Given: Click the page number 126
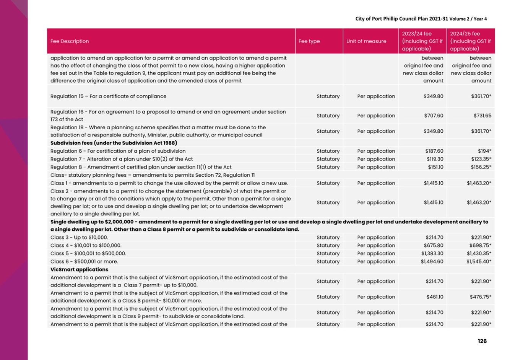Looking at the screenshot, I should pyautogui.click(x=482, y=341).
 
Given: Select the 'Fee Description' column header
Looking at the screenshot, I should pyautogui.click(x=70, y=41).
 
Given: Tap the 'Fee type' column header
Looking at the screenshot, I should pyautogui.click(x=309, y=41).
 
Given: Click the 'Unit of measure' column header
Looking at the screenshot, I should pyautogui.click(x=366, y=41).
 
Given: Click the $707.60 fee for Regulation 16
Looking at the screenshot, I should pyautogui.click(x=434, y=116).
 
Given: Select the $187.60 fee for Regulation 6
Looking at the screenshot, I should pyautogui.click(x=434, y=151).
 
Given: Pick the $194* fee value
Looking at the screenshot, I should pyautogui.click(x=484, y=151).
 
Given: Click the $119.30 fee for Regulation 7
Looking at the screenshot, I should pyautogui.click(x=435, y=159).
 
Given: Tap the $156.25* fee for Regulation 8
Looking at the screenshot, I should pyautogui.click(x=481, y=167).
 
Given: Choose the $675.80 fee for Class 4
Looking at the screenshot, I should pyautogui.click(x=433, y=246).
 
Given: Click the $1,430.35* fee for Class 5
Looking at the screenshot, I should pyautogui.click(x=479, y=254).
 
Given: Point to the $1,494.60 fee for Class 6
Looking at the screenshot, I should pyautogui.click(x=432, y=262).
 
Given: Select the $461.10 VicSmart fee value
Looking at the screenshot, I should pyautogui.click(x=435, y=297).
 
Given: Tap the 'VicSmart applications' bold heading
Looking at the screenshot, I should pyautogui.click(x=79, y=270).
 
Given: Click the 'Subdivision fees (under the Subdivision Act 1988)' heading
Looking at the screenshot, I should pyautogui.click(x=114, y=143).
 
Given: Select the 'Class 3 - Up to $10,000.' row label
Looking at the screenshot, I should pyautogui.click(x=79, y=238).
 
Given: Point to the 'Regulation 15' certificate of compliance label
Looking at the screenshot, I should pyautogui.click(x=108, y=96).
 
